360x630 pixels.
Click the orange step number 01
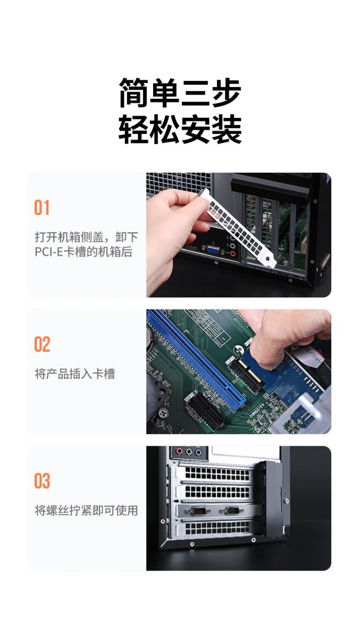42,208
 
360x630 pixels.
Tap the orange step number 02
42,344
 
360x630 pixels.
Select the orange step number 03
42,481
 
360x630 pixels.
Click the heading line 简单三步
180,93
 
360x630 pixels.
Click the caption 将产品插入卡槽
75,374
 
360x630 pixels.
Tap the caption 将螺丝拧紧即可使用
86,510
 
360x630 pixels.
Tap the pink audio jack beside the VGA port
233,254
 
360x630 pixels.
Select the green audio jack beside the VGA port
232,246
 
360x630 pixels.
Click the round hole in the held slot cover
268,259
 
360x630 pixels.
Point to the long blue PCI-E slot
196,360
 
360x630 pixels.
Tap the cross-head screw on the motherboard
163,413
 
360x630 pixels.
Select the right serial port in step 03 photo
233,511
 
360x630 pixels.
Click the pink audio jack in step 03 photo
179,452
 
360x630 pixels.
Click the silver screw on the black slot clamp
286,500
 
